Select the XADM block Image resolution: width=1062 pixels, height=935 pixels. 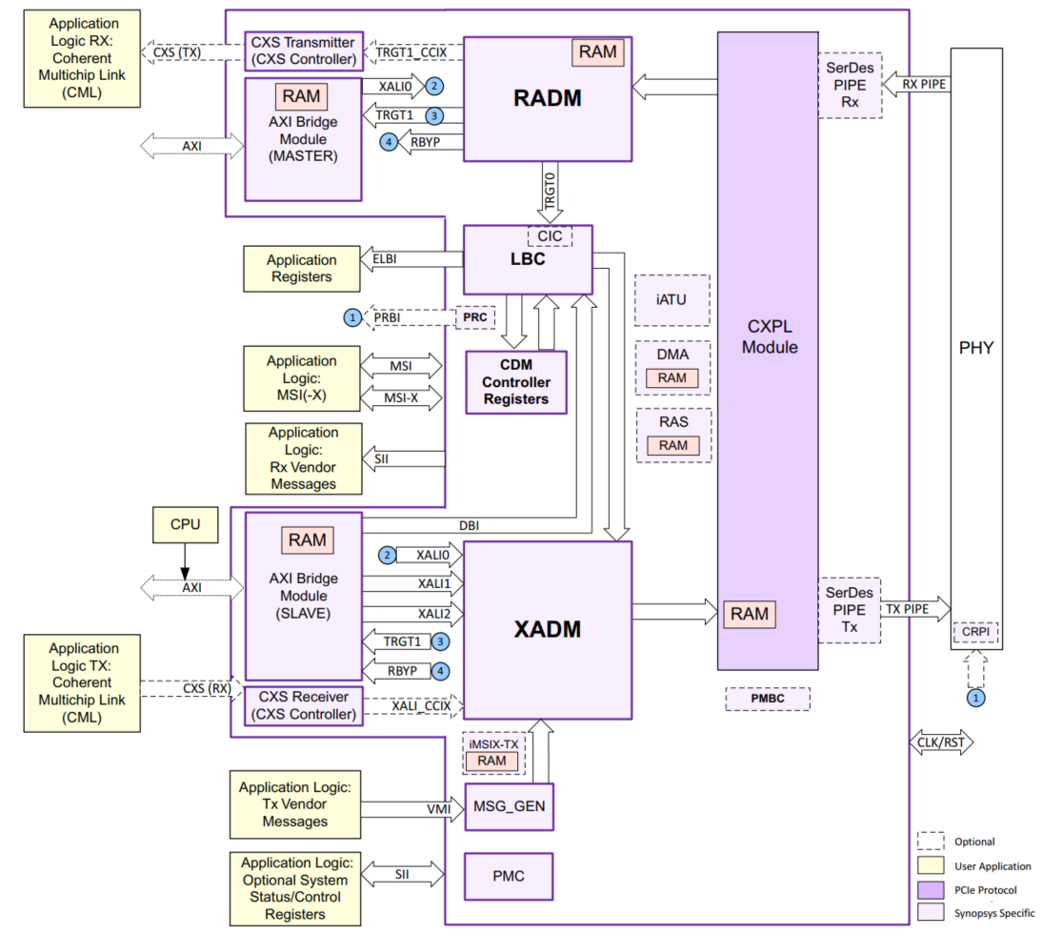[x=547, y=629]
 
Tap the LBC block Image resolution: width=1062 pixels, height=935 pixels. [x=527, y=260]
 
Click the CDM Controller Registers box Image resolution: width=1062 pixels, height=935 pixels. [x=515, y=382]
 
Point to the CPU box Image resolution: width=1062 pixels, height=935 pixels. [x=186, y=523]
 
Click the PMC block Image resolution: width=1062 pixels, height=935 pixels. [x=508, y=876]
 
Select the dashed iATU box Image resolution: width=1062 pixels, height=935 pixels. [x=672, y=299]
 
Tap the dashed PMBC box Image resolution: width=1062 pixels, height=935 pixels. [x=768, y=700]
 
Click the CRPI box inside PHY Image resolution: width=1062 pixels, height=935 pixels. [x=974, y=633]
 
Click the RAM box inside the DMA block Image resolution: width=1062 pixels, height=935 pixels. [x=671, y=377]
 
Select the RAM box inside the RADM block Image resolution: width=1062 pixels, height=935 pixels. [x=597, y=52]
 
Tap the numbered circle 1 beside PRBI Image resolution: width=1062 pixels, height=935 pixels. [x=353, y=315]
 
